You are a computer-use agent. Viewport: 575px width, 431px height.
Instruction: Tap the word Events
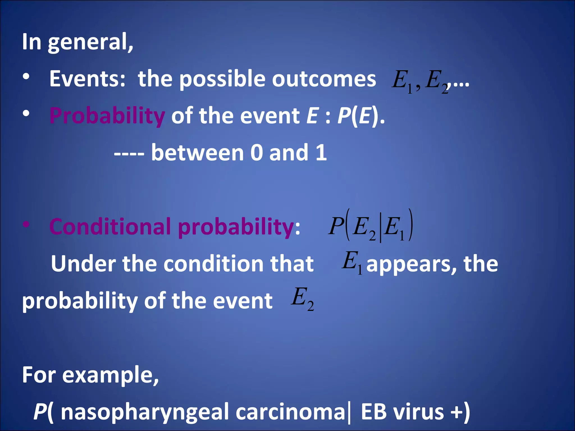tap(87, 79)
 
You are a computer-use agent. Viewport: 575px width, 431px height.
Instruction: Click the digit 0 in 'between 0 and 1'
tap(256, 153)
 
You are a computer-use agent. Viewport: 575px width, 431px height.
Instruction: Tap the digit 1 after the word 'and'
tap(321, 153)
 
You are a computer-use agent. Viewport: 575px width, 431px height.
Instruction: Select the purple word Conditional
tap(110, 227)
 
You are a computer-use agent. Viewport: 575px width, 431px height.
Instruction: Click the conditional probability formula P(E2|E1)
tap(371, 226)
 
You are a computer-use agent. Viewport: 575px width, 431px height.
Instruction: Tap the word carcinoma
tap(290, 412)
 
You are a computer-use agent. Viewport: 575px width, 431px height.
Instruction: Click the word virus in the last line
tap(418, 412)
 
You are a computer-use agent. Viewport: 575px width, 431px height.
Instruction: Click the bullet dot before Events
tap(26, 77)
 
